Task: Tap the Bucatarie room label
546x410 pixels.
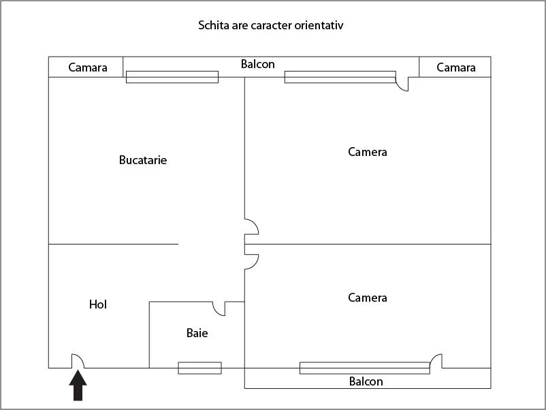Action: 143,161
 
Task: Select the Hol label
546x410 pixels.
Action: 98,304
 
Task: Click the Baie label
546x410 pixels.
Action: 197,334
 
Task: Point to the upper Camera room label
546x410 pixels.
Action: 368,152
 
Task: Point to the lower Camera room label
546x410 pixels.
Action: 368,298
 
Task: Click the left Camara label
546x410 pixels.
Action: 88,67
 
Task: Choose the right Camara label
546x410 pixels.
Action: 456,67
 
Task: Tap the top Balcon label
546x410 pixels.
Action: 258,64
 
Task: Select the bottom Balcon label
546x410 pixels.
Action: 366,381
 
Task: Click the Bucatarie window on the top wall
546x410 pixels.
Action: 172,77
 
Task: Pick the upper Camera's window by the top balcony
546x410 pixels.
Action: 340,77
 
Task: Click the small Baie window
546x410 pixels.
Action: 199,368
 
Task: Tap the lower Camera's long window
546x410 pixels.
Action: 365,368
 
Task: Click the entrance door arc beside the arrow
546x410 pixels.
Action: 78,361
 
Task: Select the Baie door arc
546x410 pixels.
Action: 219,309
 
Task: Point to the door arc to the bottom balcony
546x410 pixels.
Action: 436,361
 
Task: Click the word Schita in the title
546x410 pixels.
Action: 212,26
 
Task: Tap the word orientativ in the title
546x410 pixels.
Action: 323,26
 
